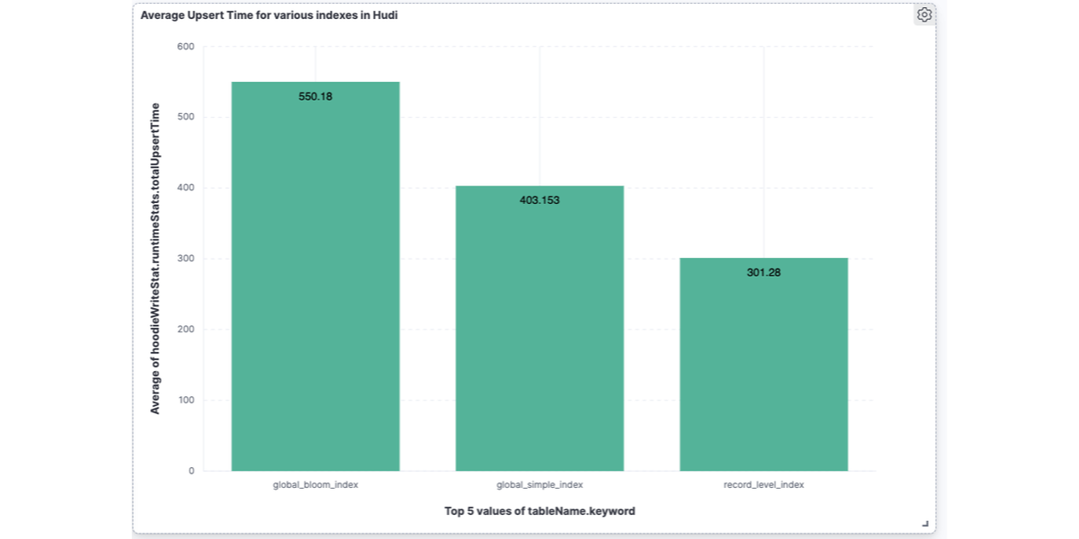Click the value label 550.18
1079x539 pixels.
(x=316, y=96)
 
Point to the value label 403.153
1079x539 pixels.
(x=539, y=200)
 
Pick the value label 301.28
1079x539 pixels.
(x=763, y=272)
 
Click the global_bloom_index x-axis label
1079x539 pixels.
(x=316, y=485)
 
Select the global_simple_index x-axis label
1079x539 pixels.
(x=539, y=485)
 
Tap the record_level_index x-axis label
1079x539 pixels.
(x=763, y=485)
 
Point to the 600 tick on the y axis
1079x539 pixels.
(x=185, y=47)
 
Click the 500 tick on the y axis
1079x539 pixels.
(x=185, y=118)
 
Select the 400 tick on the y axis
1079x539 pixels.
(x=185, y=188)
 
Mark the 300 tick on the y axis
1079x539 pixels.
(x=185, y=259)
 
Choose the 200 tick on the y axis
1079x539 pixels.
(x=185, y=330)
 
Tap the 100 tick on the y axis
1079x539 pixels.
(x=185, y=400)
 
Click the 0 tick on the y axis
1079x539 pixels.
(x=191, y=471)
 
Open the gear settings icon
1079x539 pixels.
(x=924, y=14)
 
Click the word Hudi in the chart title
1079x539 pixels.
(x=385, y=15)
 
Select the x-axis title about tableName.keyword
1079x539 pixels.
(x=539, y=511)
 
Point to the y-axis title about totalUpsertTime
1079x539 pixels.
(x=155, y=259)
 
